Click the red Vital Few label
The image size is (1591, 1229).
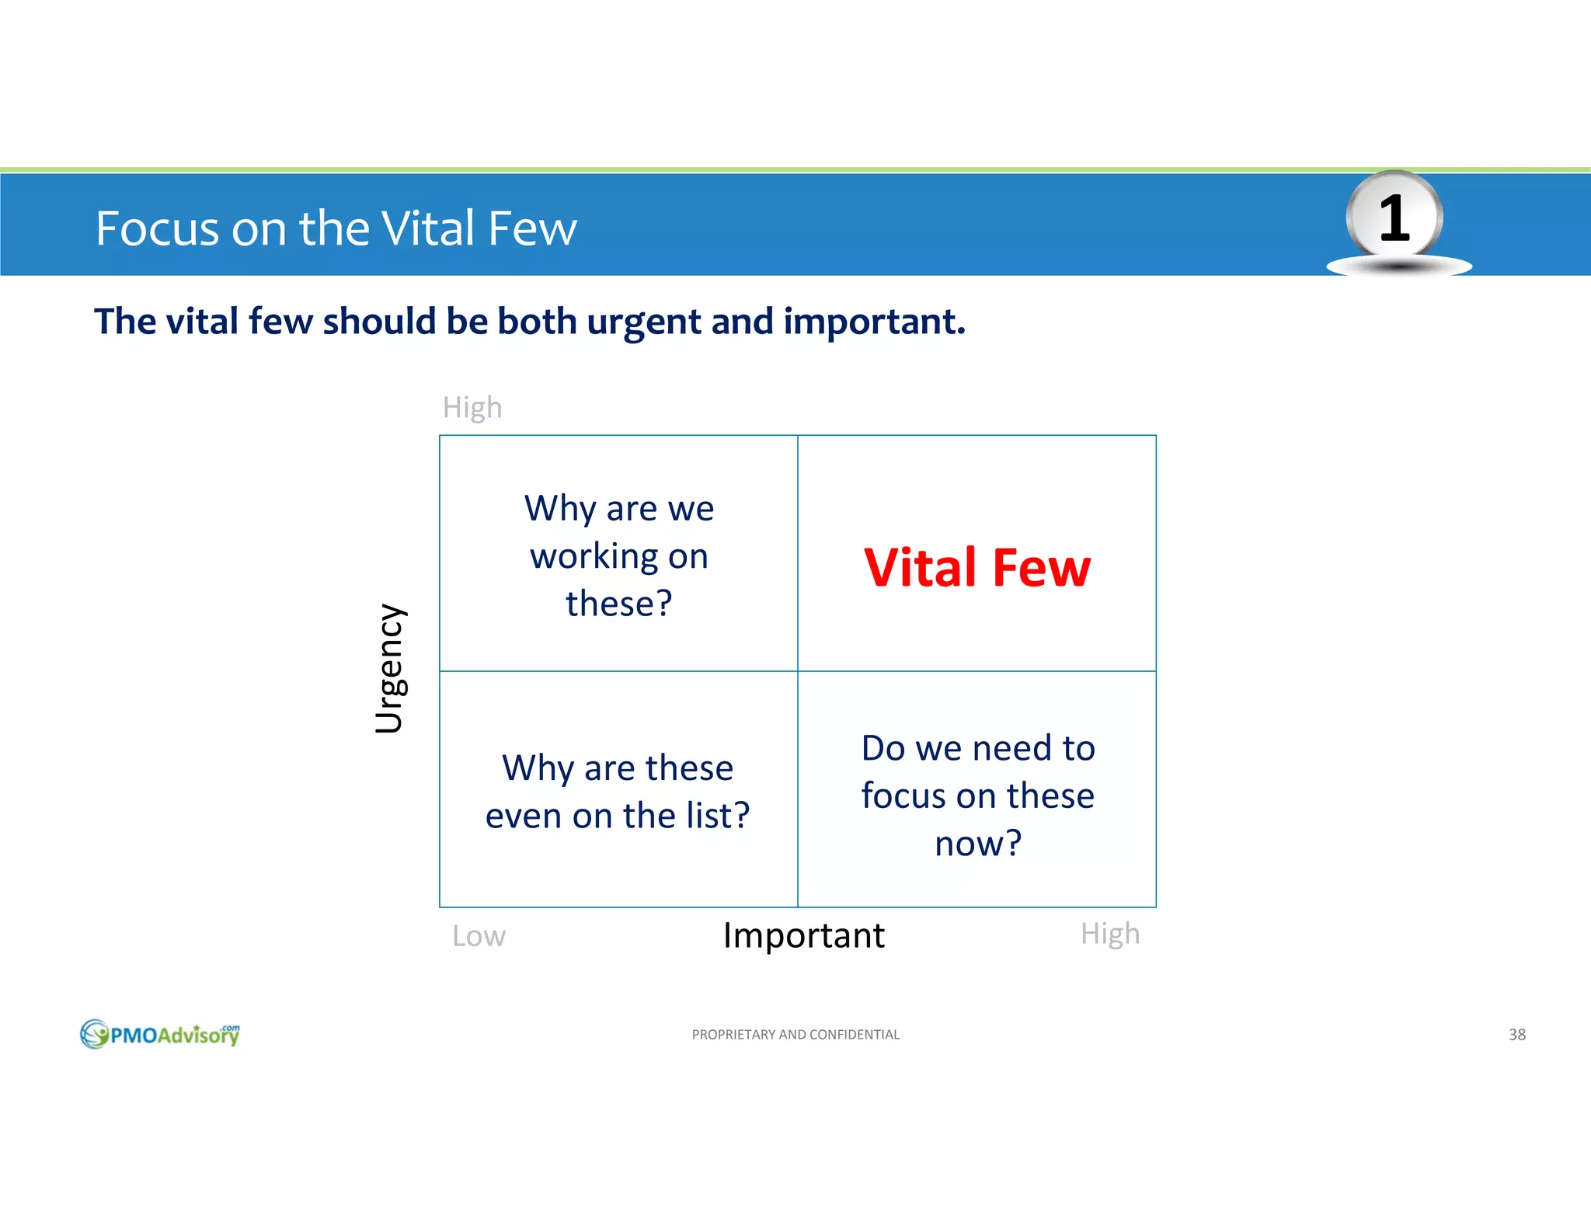[977, 568]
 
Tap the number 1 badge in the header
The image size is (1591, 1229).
[1394, 219]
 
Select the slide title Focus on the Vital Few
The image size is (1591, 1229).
[336, 228]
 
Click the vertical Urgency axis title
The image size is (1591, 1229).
[390, 668]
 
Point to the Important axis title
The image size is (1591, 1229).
[803, 935]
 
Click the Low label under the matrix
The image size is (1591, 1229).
[479, 936]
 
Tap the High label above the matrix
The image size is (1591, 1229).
[472, 407]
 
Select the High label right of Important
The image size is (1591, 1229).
[1110, 934]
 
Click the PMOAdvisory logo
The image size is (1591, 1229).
[160, 1034]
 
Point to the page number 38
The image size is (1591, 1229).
[1516, 1035]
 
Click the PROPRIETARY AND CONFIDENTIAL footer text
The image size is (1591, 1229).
[795, 1035]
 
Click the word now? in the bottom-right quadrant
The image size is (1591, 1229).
[978, 844]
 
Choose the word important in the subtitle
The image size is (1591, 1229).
[874, 322]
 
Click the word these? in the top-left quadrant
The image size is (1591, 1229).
[618, 604]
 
